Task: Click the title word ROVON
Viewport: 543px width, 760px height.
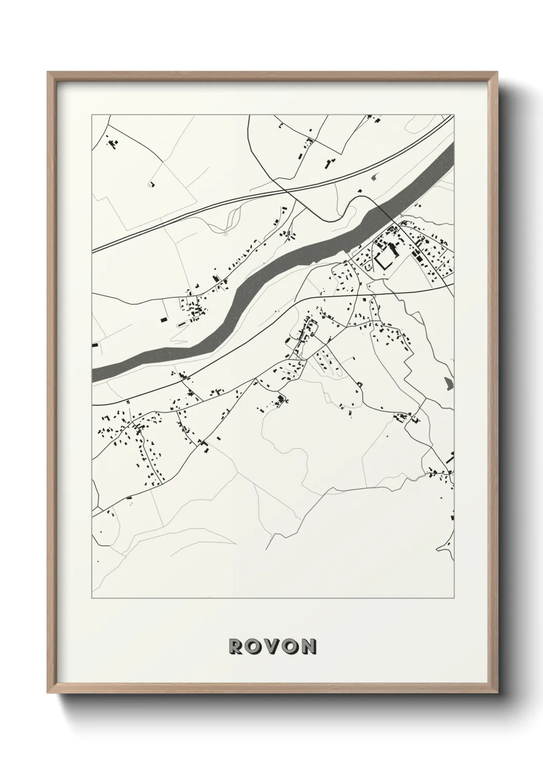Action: click(x=271, y=646)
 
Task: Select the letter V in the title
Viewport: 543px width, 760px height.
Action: click(x=271, y=646)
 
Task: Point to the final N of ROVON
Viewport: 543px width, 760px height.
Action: click(x=309, y=646)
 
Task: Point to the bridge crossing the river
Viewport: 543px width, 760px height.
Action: click(x=380, y=207)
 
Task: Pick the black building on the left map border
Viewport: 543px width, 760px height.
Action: click(x=94, y=346)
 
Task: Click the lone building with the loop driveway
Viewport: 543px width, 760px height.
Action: click(x=151, y=183)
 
